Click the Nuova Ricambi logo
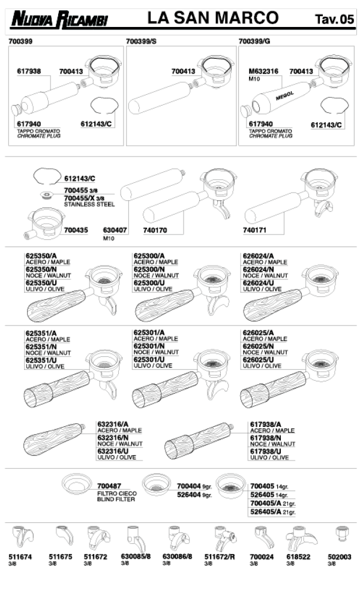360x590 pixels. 59,19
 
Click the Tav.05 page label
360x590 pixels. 334,19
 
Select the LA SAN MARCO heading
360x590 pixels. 213,17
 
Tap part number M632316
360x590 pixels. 263,71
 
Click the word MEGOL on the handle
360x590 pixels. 284,96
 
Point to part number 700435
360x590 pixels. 76,230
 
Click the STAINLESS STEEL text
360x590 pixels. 89,204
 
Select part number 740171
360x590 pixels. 255,230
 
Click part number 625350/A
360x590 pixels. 41,256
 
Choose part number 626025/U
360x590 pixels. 259,360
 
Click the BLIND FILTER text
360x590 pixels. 116,499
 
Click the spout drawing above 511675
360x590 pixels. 65,535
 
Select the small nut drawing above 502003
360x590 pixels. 341,534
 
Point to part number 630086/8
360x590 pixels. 178,556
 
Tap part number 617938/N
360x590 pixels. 265,438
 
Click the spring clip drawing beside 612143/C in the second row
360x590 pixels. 47,176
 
